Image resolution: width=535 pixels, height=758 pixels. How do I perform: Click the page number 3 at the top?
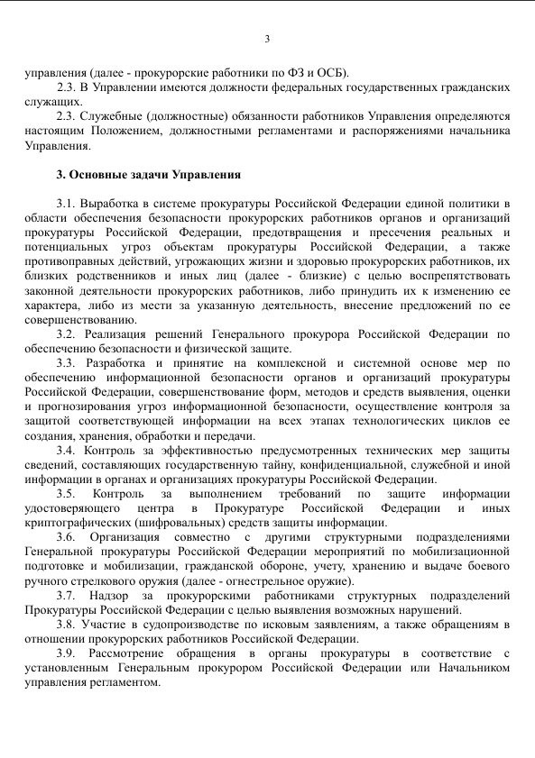[x=267, y=38]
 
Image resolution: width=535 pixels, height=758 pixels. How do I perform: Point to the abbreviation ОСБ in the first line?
[x=329, y=73]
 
